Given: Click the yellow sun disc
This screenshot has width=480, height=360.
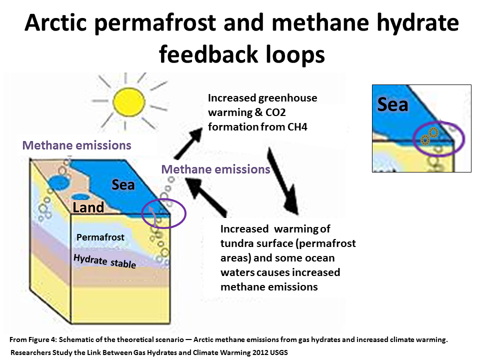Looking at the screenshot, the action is coord(128,102).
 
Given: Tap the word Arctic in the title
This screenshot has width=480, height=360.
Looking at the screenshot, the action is coord(55,22).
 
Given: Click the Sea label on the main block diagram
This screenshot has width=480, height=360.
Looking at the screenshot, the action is coord(123,185).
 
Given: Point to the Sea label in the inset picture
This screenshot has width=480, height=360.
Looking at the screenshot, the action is coord(393,104).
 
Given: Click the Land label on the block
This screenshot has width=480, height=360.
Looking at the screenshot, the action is coord(88,207).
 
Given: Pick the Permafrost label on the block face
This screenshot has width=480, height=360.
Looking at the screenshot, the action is coord(100,237).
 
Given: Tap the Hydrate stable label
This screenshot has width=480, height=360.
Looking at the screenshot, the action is coord(104,261).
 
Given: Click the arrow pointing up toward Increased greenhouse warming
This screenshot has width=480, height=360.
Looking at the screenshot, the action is coord(188,143).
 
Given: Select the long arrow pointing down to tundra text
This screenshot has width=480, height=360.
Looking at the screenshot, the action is coord(283,181).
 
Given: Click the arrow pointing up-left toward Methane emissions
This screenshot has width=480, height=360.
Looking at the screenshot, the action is coord(206,197).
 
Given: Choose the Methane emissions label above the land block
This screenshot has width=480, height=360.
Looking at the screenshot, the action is coord(77,145).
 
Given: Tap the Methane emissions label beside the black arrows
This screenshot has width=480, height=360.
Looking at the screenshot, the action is coord(216,169).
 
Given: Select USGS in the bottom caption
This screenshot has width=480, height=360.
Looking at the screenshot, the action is coord(278,352).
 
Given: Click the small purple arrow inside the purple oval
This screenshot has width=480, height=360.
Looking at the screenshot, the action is coord(153,216).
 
